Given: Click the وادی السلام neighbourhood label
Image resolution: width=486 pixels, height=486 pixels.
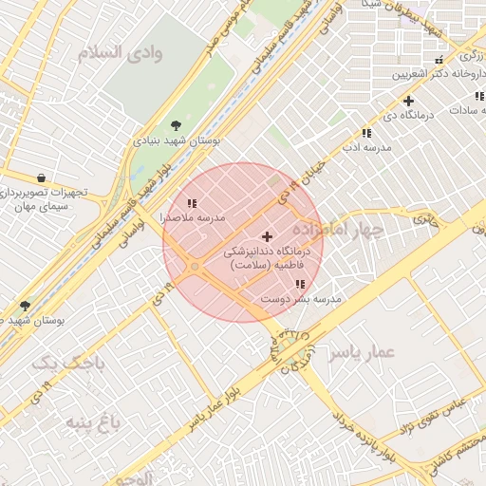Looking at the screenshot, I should (124, 52).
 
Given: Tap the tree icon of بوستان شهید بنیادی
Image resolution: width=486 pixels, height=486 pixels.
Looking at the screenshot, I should (176, 124).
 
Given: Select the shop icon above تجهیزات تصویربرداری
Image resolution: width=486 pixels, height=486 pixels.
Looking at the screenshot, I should (40, 178).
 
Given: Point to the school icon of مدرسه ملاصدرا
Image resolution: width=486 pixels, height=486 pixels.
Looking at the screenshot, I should (192, 203).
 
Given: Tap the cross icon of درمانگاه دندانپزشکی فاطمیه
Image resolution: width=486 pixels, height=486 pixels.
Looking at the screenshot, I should (267, 236).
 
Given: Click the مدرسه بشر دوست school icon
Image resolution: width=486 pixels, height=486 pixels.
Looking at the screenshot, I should (300, 284).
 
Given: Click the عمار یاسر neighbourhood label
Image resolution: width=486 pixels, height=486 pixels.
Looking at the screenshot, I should (361, 353).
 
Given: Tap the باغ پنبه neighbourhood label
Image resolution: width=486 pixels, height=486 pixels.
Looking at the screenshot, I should (91, 421).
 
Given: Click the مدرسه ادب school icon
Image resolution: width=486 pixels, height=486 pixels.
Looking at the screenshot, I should (366, 134).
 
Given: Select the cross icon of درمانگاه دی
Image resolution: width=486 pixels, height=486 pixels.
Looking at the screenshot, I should (408, 101).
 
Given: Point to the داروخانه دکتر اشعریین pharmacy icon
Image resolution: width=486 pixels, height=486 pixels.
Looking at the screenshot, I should (438, 62).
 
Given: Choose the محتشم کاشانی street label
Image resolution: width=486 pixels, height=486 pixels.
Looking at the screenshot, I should (454, 459).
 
